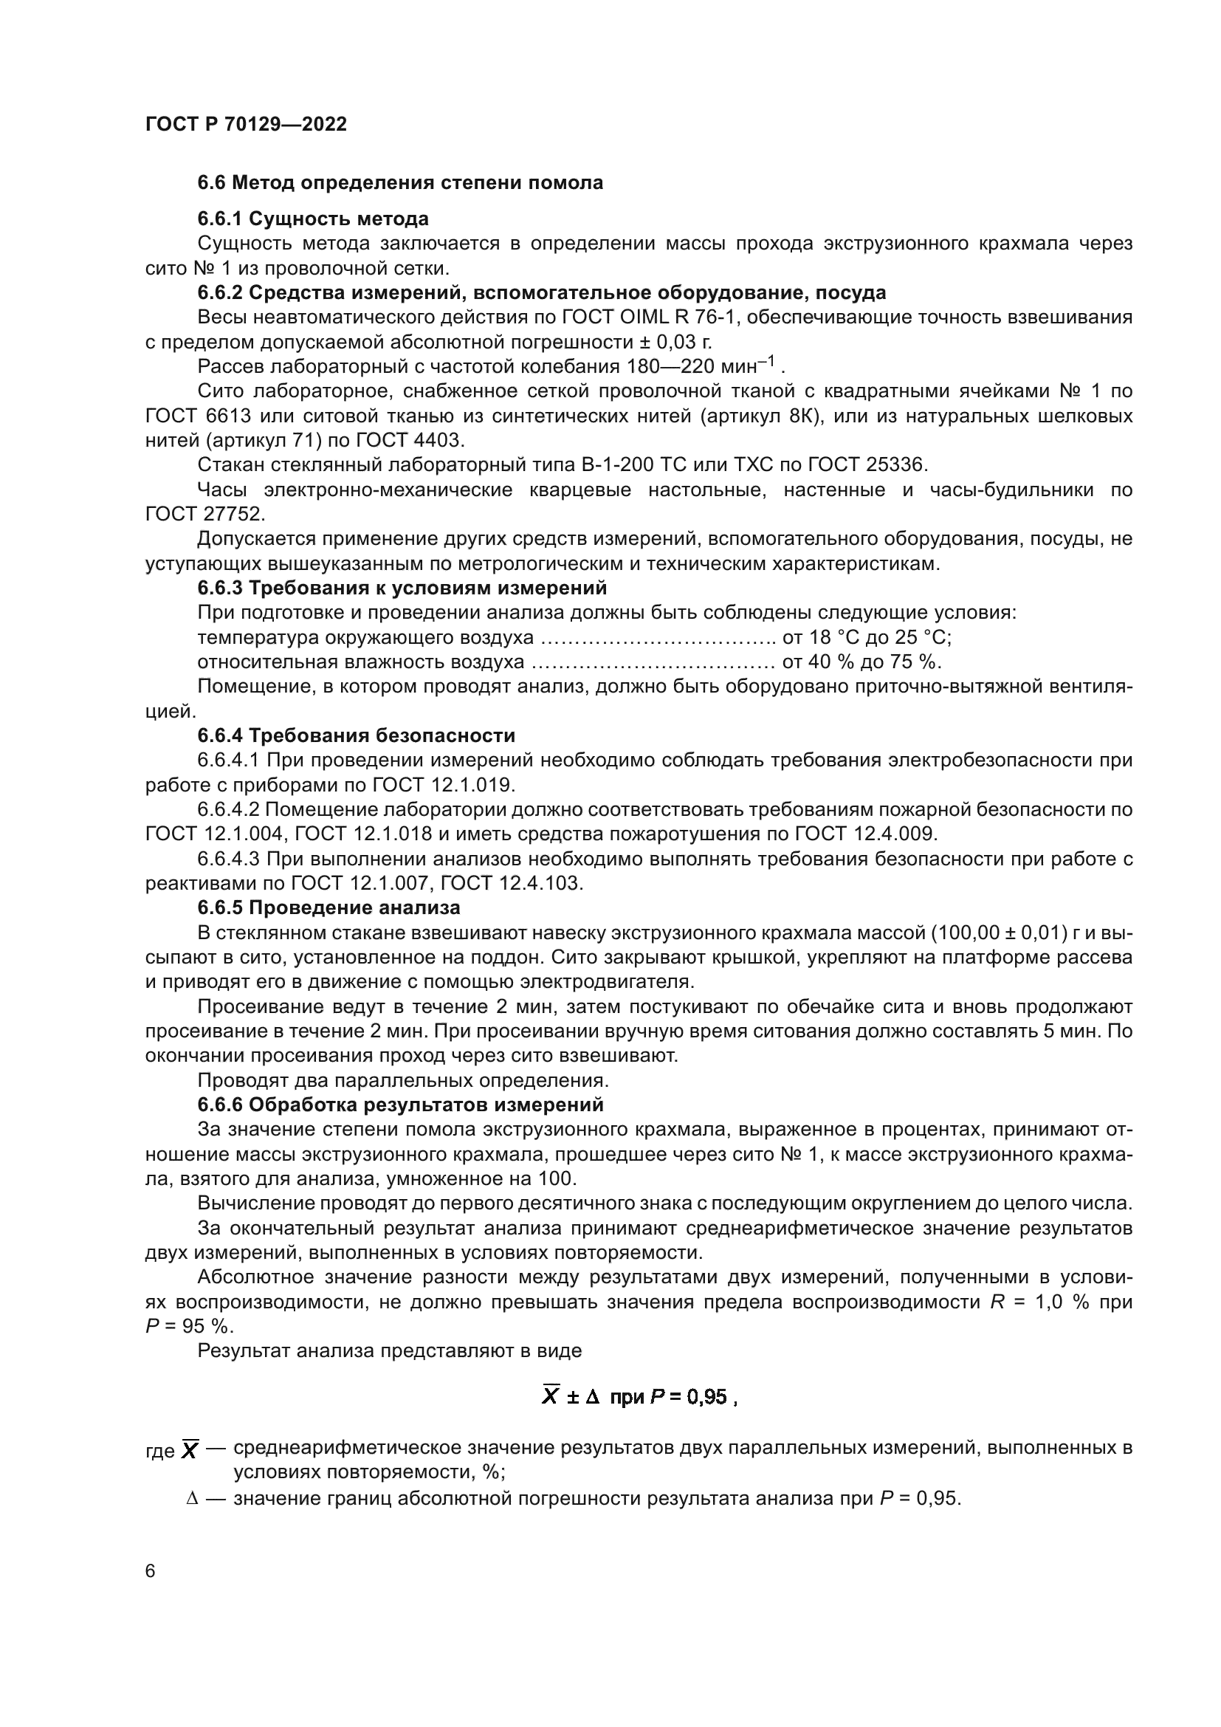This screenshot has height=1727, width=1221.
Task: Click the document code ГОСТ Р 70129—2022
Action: (x=246, y=125)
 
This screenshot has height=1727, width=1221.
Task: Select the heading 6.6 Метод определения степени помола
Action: (x=400, y=183)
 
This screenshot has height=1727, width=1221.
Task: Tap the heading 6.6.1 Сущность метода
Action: (x=313, y=219)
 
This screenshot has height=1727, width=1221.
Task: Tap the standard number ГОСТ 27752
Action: (x=204, y=515)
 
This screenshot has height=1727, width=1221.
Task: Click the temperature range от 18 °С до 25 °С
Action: (x=867, y=638)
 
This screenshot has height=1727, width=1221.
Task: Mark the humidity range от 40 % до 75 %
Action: (x=861, y=662)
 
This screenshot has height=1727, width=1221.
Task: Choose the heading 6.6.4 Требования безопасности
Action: (x=357, y=735)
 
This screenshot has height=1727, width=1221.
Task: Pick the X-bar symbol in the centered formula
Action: (x=551, y=1397)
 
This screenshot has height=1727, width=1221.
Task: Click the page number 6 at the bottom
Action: (x=151, y=1571)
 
